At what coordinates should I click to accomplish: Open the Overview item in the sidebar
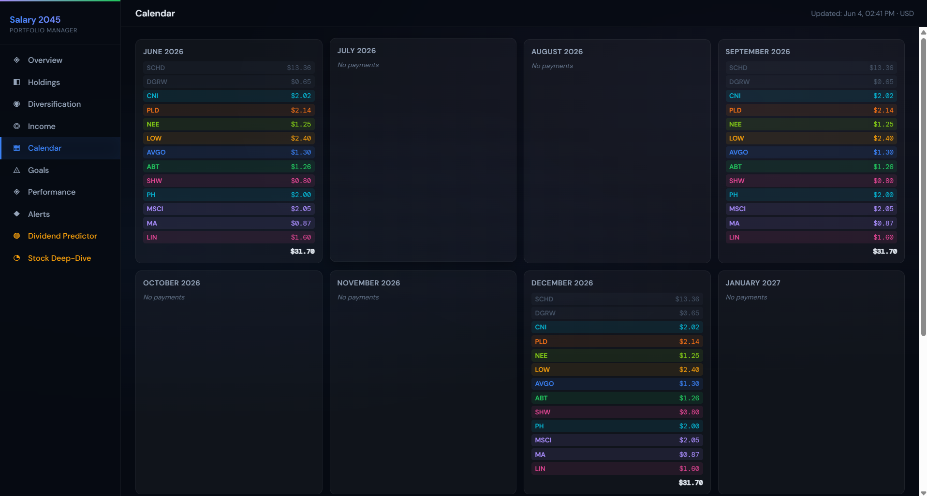point(45,60)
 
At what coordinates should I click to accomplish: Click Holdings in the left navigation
point(44,83)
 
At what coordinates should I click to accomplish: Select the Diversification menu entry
point(54,104)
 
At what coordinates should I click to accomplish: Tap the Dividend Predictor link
point(62,236)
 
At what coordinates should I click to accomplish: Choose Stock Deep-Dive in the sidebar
point(59,258)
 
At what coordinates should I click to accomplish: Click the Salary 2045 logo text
point(35,20)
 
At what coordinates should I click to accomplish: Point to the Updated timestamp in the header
point(862,14)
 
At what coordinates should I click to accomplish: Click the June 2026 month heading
point(163,52)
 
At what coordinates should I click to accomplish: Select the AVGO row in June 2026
point(229,152)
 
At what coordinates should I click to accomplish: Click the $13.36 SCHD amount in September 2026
point(881,68)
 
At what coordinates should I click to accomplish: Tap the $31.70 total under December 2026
point(691,482)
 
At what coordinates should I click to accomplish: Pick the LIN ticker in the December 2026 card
point(540,468)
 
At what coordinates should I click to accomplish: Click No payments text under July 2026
point(358,65)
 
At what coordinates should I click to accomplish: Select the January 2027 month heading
point(753,283)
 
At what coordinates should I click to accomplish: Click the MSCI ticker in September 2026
point(737,209)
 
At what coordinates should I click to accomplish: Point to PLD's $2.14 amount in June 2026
point(301,110)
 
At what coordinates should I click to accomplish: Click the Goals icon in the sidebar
point(17,170)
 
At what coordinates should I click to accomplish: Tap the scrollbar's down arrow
point(923,493)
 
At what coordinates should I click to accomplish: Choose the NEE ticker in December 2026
point(541,355)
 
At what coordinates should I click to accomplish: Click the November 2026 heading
point(368,283)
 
